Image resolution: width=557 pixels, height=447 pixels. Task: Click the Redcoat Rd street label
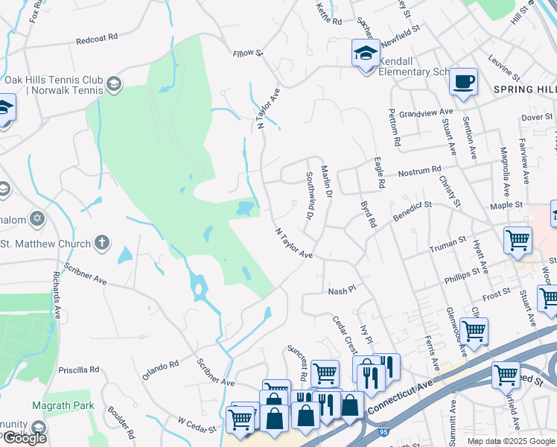pyautogui.click(x=98, y=37)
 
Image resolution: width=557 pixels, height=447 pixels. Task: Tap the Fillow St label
pyautogui.click(x=248, y=53)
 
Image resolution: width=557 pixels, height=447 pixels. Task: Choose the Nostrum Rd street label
pyautogui.click(x=419, y=171)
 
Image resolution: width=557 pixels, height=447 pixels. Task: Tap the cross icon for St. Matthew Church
pyautogui.click(x=102, y=242)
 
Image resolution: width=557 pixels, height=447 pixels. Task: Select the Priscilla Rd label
pyautogui.click(x=78, y=370)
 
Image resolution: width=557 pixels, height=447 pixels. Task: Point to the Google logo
pyautogui.click(x=24, y=438)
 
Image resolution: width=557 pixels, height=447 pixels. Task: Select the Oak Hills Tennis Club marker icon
pyautogui.click(x=114, y=83)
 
